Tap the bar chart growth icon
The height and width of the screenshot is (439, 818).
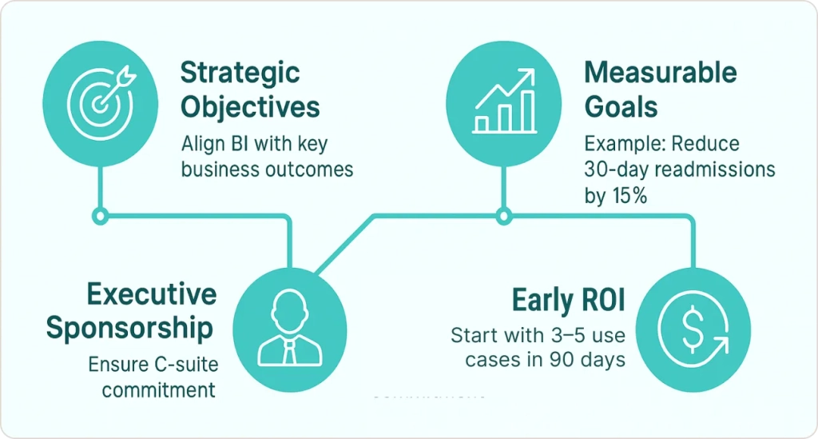tap(505, 102)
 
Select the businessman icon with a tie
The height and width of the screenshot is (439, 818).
tap(289, 328)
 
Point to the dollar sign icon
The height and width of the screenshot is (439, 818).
tap(693, 329)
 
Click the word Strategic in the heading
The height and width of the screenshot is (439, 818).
tap(240, 73)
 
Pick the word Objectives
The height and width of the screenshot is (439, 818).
tap(250, 107)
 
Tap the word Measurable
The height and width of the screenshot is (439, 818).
tap(661, 72)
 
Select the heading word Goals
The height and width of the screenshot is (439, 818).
tap(621, 106)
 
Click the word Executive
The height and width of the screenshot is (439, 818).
tap(152, 294)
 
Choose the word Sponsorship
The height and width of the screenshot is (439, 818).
tap(130, 329)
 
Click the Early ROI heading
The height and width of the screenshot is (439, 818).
tap(569, 300)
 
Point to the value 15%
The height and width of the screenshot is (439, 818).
tap(629, 196)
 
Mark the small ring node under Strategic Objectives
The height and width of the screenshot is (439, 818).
tap(100, 216)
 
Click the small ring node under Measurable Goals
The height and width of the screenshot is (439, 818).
tap(503, 216)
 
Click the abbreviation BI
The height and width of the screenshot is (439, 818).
tap(240, 144)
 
